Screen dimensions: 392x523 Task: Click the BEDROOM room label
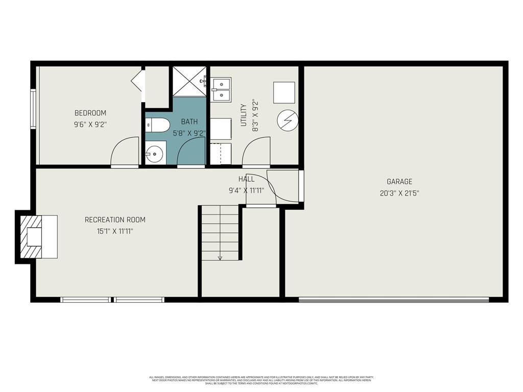90,113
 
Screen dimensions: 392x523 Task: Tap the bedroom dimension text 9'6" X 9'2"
90,124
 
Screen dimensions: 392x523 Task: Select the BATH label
189,122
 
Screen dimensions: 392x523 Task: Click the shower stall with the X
189,81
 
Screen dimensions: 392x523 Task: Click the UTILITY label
244,115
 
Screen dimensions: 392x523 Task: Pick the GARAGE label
399,181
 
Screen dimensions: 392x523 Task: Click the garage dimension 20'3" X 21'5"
399,193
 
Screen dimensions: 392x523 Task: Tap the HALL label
246,179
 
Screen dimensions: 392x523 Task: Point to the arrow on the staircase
220,257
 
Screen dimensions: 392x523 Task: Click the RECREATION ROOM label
115,219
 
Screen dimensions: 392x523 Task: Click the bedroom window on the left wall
33,109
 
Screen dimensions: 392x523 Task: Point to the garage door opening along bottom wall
393,300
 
